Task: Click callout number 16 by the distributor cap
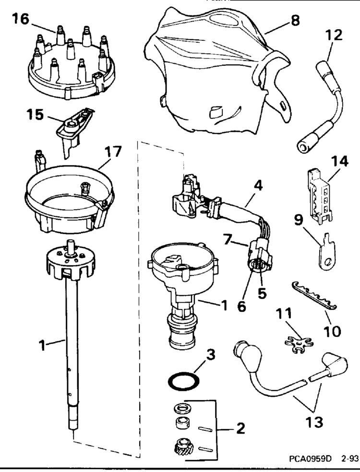tap(21, 19)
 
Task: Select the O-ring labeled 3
tap(183, 381)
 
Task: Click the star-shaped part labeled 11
tap(299, 344)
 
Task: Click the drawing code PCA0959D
tap(310, 459)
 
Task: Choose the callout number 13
tap(314, 422)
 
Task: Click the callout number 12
tap(334, 35)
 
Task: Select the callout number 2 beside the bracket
tap(240, 429)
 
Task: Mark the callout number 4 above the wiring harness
tap(258, 186)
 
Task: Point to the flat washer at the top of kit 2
tap(181, 409)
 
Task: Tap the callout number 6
tap(241, 307)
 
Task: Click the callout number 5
tap(262, 294)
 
